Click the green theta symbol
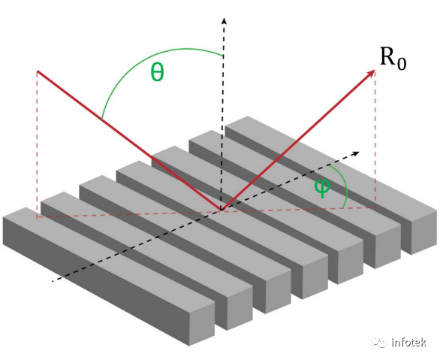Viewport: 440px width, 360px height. point(157,72)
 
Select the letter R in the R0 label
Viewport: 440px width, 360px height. point(388,56)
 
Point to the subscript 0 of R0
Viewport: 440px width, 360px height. point(402,63)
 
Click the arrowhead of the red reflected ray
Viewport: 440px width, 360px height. point(372,73)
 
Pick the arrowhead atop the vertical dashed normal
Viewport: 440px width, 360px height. point(224,21)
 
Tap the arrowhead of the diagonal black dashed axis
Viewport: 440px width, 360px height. point(356,153)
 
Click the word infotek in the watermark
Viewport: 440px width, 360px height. point(408,342)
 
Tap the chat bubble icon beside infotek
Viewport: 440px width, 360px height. point(379,342)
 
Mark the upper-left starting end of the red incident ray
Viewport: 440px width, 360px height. point(38,71)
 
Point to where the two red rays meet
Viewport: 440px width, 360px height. point(222,210)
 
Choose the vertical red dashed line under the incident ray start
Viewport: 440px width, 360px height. point(37,144)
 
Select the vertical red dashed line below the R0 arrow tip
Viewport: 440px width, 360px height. point(375,140)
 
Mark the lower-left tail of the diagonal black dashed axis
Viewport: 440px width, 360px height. point(53,280)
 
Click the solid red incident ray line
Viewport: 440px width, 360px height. point(130,141)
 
